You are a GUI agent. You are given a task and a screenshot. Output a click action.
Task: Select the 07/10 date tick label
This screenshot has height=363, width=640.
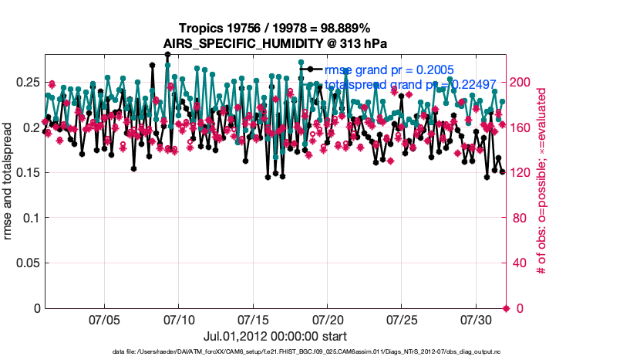click(x=179, y=319)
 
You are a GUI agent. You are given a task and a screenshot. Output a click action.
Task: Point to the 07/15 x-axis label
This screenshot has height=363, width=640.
click(x=253, y=319)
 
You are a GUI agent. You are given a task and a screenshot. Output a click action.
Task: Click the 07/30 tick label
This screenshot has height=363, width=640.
click(x=476, y=319)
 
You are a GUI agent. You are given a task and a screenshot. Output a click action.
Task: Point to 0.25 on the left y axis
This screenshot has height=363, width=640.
click(x=27, y=82)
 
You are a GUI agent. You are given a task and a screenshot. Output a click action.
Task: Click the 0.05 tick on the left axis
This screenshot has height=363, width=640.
click(x=27, y=263)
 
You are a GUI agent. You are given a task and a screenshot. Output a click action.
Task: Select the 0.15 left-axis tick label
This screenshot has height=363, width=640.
click(x=27, y=172)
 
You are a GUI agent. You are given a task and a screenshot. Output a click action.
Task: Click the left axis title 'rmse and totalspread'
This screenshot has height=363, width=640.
click(x=8, y=181)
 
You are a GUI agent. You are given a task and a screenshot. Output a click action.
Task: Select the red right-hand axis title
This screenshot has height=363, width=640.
click(x=542, y=181)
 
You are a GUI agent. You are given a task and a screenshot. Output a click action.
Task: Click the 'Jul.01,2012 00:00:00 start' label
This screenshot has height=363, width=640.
click(x=275, y=337)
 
